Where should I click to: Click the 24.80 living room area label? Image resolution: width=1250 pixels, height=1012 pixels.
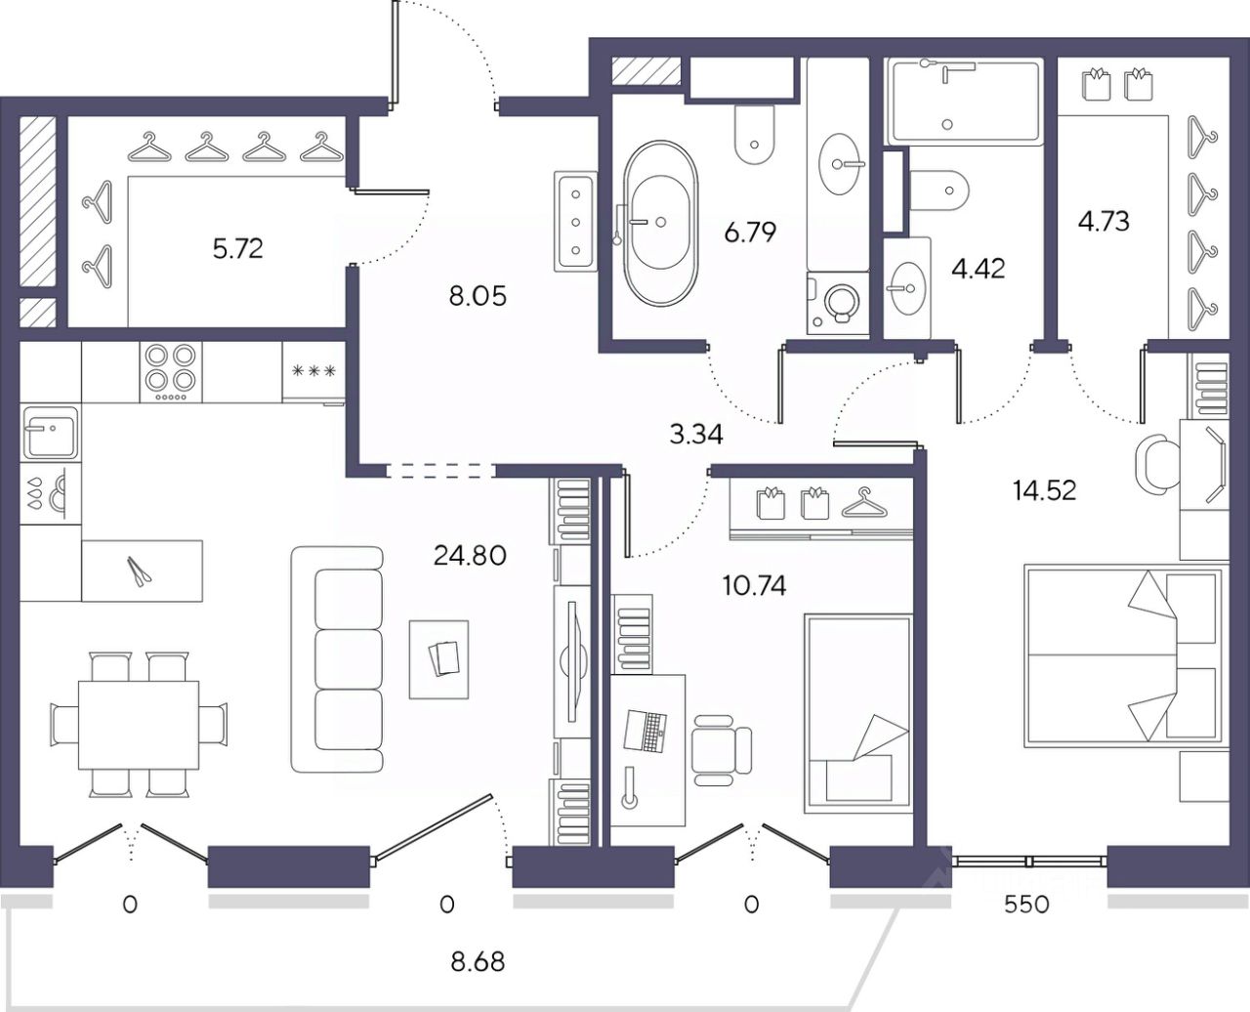(x=470, y=555)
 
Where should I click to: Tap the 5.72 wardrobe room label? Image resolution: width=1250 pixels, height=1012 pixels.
(x=237, y=249)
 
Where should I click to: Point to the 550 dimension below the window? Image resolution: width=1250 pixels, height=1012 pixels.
(x=1026, y=905)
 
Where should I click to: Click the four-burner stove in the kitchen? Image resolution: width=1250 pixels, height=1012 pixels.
(x=170, y=372)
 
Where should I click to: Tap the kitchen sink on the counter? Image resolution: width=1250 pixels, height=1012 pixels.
(x=50, y=433)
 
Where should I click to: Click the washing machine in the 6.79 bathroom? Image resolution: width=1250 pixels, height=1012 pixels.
(x=838, y=303)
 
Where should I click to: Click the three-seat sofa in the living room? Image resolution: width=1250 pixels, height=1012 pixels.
(x=337, y=659)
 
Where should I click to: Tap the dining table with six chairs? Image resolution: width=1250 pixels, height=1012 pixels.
(x=139, y=725)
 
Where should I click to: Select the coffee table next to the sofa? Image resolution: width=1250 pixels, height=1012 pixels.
(x=439, y=659)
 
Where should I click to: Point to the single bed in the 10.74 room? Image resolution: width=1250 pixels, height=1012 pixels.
(x=858, y=713)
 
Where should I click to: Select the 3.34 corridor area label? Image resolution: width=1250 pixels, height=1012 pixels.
(x=696, y=435)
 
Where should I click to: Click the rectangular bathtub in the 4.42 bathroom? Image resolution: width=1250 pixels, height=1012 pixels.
(x=965, y=101)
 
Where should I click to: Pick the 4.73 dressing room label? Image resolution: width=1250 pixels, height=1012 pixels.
(x=1104, y=222)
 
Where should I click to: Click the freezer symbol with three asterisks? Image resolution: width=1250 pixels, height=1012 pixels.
(x=313, y=371)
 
